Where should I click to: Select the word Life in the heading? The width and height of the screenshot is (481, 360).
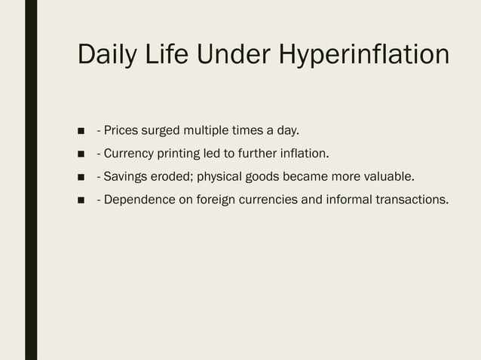coord(171,56)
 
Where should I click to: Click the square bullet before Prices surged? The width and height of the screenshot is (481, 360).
coord(81,132)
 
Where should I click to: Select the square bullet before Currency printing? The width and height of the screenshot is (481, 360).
coord(81,154)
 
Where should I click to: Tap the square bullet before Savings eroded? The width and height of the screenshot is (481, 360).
coord(81,177)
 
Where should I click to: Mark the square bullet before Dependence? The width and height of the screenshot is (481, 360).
coord(81,200)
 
